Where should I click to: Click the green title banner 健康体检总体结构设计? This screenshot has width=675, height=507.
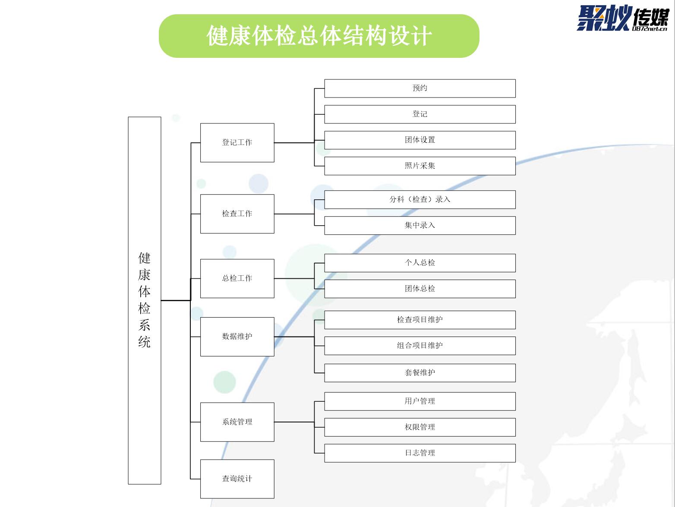tap(319, 36)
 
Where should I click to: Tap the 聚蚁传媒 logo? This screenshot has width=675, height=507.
tap(622, 19)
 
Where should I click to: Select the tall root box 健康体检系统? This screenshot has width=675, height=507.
tap(145, 300)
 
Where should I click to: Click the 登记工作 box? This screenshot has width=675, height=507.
tap(237, 143)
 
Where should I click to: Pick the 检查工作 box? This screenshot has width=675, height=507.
tap(237, 214)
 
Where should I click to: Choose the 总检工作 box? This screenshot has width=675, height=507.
tap(237, 278)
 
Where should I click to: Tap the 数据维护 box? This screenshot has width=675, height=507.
tap(237, 337)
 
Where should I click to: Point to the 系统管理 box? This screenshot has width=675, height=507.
tap(237, 422)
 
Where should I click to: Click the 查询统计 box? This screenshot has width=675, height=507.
tap(237, 479)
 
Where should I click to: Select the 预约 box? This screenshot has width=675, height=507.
tap(420, 88)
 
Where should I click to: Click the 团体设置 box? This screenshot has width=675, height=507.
tap(420, 140)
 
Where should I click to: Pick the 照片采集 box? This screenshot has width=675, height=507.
tap(420, 166)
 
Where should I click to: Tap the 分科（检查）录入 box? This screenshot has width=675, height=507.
tap(420, 200)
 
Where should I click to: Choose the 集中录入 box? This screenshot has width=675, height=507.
tap(420, 226)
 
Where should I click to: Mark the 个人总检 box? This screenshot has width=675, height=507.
tap(420, 263)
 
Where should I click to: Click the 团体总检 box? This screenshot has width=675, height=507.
tap(420, 289)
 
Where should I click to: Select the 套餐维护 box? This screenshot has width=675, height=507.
tap(420, 373)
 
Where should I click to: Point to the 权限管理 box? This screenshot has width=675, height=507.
tap(420, 427)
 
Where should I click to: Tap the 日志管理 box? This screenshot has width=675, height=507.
tap(420, 453)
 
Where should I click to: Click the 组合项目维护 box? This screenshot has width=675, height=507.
tap(420, 346)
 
